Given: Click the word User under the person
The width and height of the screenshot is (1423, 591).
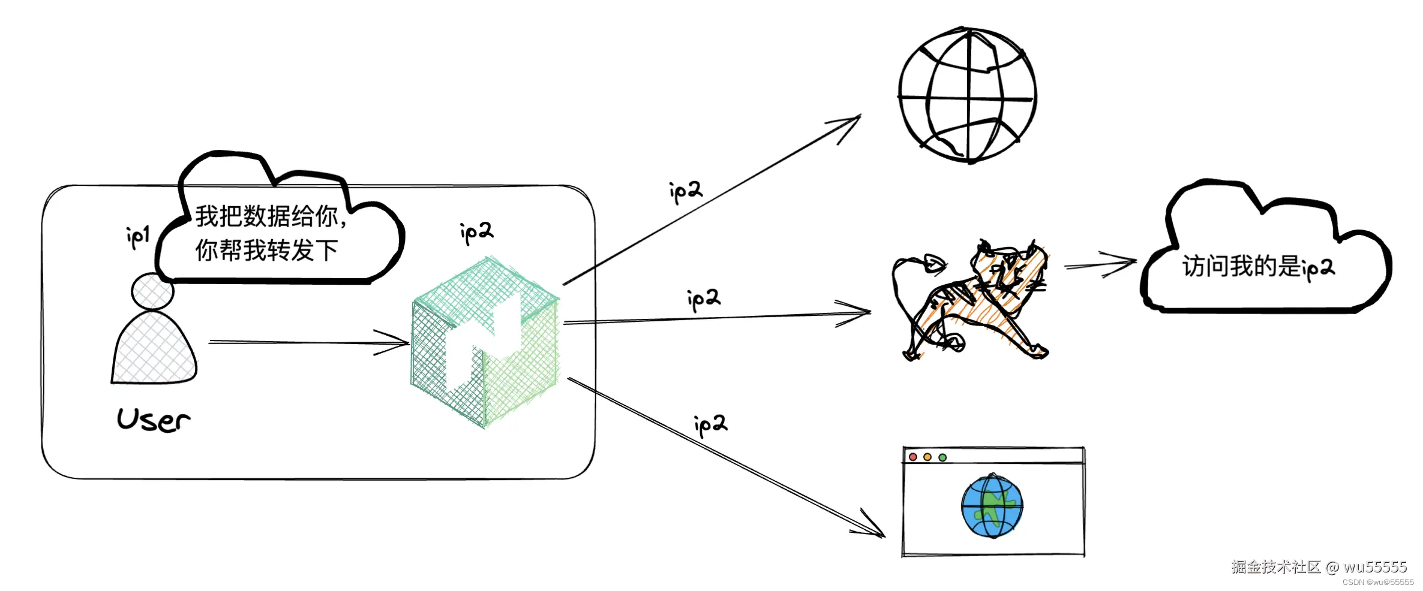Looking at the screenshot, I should (154, 420).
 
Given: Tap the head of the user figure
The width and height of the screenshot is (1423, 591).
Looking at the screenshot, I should (152, 292).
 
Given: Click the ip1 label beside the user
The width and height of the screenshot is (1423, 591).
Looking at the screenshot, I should (138, 237).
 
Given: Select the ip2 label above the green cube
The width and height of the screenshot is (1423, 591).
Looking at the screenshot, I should (476, 233).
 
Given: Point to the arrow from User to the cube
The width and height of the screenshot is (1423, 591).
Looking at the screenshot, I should (308, 343).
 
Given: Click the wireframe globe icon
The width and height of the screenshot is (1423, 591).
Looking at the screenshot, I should (968, 95).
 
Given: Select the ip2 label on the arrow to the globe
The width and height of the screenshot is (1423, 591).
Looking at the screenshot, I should (686, 191).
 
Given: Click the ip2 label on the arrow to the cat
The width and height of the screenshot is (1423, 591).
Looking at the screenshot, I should (704, 298).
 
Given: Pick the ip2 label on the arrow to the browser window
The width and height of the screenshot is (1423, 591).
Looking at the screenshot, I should (710, 424).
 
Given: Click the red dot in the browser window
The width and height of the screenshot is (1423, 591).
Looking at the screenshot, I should (913, 457).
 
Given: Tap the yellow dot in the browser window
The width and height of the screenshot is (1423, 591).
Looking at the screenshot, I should (927, 457).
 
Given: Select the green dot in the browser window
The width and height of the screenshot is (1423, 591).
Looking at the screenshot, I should (942, 457).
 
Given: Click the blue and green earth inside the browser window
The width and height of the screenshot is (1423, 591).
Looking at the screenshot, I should (992, 506).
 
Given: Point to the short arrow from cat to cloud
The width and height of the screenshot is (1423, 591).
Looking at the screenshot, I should (1100, 264).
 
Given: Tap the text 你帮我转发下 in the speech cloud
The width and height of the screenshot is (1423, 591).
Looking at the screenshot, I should (266, 251).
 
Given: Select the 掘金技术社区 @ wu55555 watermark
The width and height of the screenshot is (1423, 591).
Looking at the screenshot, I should (1319, 567).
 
